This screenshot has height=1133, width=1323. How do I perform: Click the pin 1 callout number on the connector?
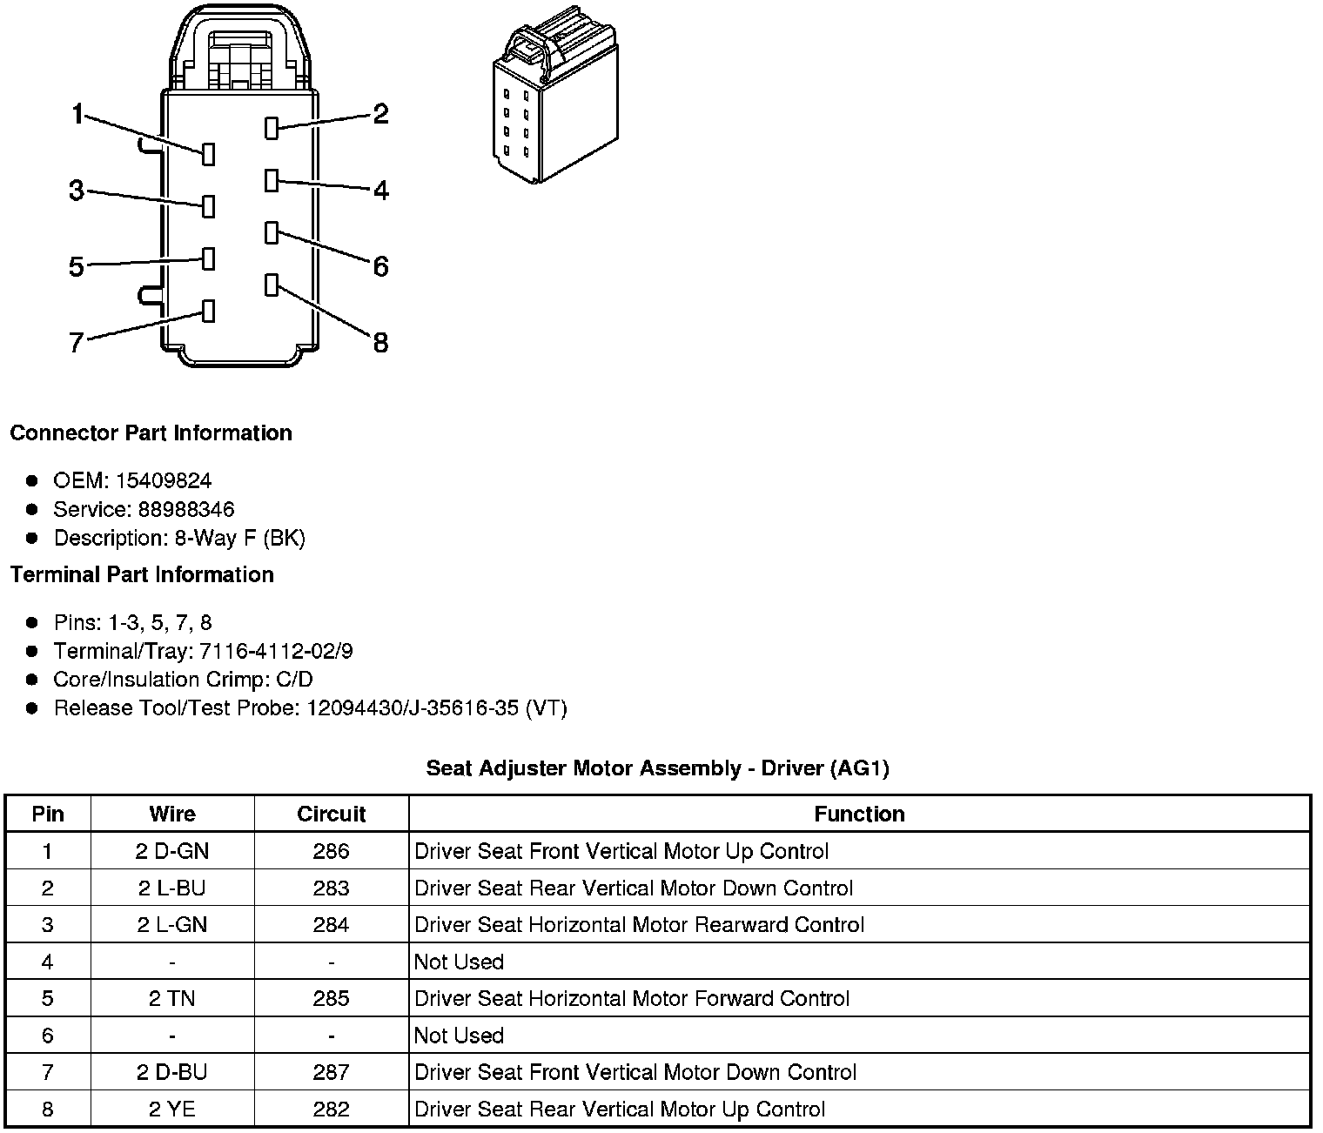tap(77, 114)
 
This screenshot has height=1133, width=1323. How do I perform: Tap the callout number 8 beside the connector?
tap(380, 343)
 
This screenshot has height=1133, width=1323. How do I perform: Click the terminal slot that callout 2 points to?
tap(272, 128)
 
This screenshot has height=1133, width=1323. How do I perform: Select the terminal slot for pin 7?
tap(208, 312)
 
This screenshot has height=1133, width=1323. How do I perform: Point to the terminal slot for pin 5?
tap(208, 258)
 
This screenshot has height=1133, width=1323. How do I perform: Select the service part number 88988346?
tap(185, 509)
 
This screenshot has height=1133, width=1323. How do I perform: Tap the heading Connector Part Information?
tap(151, 433)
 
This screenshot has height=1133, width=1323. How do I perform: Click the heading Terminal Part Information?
tap(142, 575)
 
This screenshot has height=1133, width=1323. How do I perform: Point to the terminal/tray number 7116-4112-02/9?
tap(276, 651)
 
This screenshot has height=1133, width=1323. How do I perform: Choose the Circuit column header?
tap(331, 815)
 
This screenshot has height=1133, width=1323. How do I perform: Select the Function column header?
tap(859, 815)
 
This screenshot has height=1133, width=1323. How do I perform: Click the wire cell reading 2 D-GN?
tap(172, 851)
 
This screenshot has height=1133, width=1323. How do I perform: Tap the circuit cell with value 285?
tap(331, 998)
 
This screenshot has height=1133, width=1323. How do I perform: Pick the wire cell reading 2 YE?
tap(172, 1110)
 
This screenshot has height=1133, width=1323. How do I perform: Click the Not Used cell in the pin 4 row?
tap(459, 962)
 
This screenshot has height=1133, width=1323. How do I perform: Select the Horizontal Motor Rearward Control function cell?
tap(639, 925)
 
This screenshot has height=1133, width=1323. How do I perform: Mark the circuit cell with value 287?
tap(331, 1072)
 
